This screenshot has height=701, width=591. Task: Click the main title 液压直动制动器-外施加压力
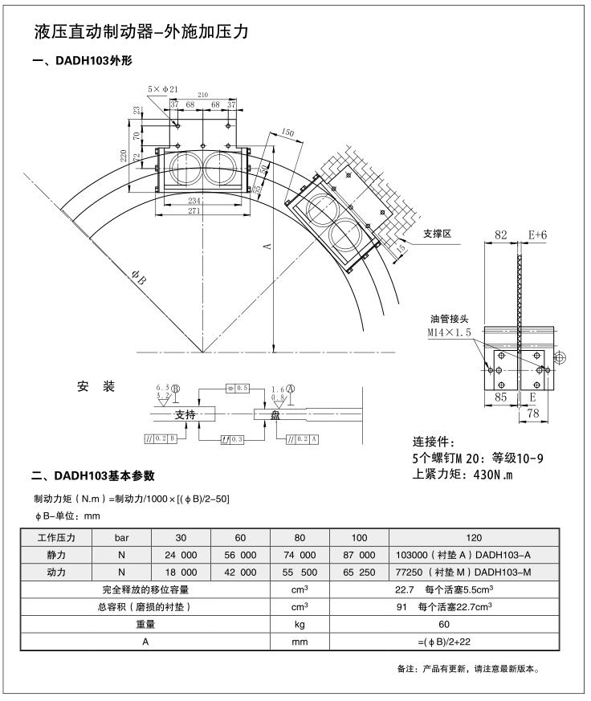point(141,33)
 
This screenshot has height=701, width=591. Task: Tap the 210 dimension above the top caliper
point(202,95)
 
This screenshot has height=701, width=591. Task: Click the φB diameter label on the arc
point(139,280)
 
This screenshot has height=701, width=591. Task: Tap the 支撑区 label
point(438,234)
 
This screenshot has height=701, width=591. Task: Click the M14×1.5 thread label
point(449,331)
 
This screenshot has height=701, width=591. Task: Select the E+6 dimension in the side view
point(537,235)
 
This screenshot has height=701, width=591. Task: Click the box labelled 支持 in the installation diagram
point(185,415)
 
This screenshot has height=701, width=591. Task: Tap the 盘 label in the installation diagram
point(275,415)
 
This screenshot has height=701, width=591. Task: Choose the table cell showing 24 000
point(181,555)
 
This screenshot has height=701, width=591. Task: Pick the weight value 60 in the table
point(443,624)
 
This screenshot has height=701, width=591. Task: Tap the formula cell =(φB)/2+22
point(443,642)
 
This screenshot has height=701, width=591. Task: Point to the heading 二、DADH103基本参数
point(93,476)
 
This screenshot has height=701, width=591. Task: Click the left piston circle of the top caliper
point(186,169)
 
